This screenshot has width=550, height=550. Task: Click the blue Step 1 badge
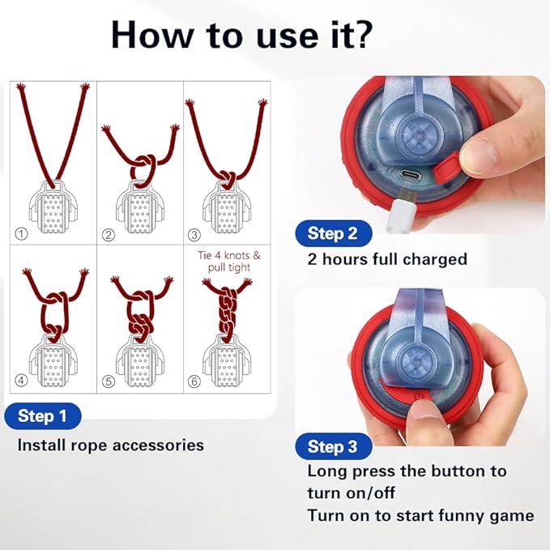point(43,416)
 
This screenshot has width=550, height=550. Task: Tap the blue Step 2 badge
point(334,233)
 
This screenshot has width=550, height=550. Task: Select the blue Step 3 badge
point(334,446)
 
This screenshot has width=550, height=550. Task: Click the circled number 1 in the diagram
point(21,233)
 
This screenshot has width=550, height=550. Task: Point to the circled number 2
point(109,234)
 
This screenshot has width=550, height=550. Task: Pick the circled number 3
point(194,234)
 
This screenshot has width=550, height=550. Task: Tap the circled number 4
point(21,380)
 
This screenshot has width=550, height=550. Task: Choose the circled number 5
point(109,381)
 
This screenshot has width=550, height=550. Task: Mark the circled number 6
point(194,381)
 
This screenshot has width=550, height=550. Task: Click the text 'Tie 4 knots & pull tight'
point(229,261)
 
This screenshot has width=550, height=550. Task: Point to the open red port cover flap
point(446,168)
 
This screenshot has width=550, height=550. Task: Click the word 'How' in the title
point(152,36)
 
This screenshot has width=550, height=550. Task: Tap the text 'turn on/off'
point(351,493)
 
